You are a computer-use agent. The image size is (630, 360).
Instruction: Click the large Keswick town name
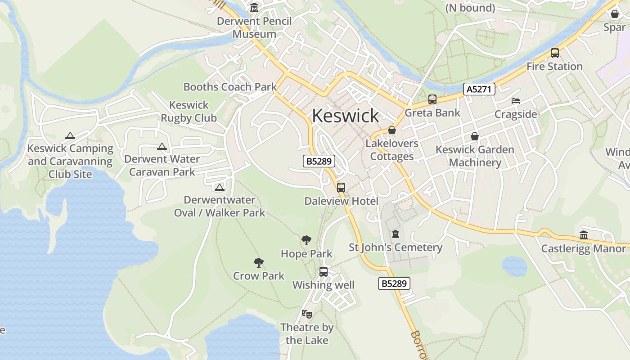[345, 116]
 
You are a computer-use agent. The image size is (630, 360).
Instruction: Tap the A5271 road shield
[479, 89]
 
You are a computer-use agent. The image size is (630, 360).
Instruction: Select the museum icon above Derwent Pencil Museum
[254, 8]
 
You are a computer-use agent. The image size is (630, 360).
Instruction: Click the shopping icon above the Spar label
[614, 14]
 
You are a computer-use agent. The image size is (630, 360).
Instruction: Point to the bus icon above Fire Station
[554, 53]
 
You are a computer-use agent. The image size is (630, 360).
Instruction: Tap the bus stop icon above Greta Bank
[432, 99]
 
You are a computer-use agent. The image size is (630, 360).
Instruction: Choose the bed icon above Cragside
[515, 101]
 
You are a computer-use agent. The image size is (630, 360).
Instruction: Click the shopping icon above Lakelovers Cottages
[392, 130]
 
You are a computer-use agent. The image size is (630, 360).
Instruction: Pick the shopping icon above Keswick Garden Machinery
[474, 136]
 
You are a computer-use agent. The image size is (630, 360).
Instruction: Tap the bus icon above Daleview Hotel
[341, 188]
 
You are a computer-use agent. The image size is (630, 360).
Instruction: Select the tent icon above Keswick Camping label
[70, 135]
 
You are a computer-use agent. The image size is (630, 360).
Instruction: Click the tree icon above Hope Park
[306, 240]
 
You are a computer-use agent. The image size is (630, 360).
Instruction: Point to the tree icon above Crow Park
[258, 263]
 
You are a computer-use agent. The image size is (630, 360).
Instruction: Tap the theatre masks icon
[306, 314]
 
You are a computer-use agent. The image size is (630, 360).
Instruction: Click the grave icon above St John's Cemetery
[395, 234]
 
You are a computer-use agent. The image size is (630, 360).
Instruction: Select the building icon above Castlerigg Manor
[584, 235]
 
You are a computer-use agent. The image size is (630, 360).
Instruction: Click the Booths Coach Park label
[230, 87]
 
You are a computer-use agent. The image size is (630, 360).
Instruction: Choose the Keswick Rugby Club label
[189, 112]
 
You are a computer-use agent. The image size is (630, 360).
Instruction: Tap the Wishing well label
[324, 285]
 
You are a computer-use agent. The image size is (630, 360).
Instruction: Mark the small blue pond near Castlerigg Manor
[514, 266]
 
